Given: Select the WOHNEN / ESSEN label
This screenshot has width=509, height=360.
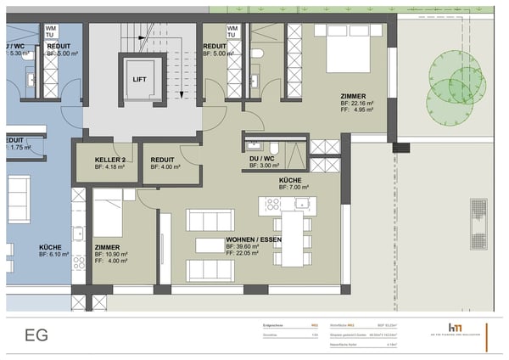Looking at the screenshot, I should (x=253, y=240).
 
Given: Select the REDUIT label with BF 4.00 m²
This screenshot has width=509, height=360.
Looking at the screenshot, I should (x=163, y=159).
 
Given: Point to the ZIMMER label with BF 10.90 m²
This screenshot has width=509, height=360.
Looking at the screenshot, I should (x=109, y=247).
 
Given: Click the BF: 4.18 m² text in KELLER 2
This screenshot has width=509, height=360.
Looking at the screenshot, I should (x=109, y=167).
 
